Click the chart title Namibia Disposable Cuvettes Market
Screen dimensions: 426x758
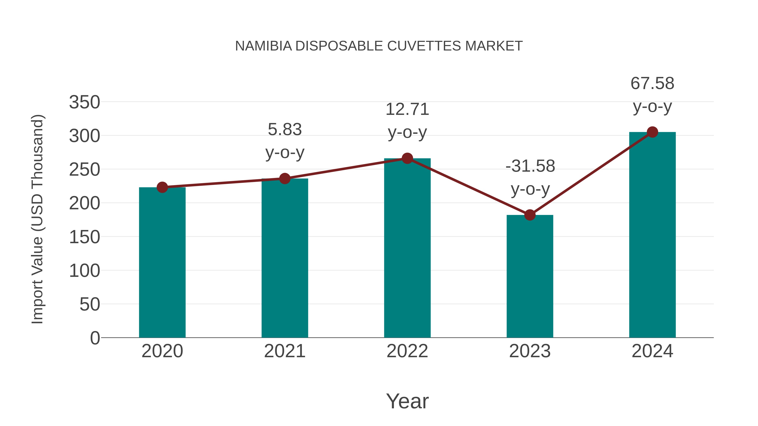379,46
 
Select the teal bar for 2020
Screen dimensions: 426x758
162,262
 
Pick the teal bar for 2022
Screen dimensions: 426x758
407,248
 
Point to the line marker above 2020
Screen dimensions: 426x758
162,187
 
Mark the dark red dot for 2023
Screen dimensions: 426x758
530,215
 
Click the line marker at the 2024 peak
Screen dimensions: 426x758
652,132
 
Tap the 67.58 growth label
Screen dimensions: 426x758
652,84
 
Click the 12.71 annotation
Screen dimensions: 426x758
407,109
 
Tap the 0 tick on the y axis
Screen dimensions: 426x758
95,338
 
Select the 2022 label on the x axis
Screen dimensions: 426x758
407,351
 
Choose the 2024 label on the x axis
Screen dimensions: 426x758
652,351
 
